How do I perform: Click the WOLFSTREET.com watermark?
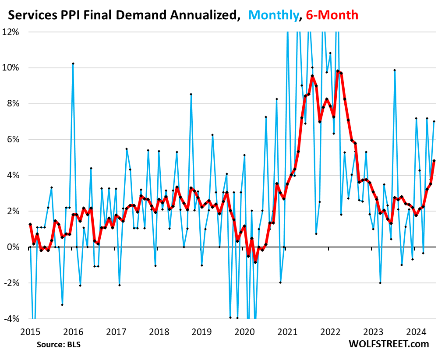click(x=389, y=344)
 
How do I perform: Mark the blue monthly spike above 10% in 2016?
click(x=73, y=64)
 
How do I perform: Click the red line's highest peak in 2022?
click(x=338, y=71)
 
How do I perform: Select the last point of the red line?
click(x=434, y=161)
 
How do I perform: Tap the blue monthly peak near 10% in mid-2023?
click(x=395, y=70)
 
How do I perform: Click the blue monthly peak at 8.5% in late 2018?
click(x=191, y=94)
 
